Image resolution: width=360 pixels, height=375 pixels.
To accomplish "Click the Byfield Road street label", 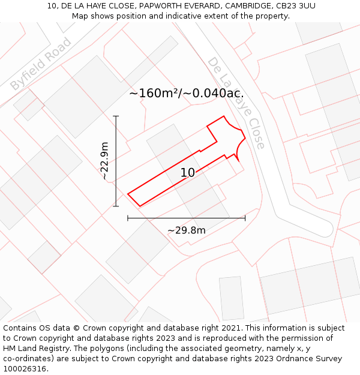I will (41, 64).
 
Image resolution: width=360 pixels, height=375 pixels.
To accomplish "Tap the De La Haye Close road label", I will (236, 103).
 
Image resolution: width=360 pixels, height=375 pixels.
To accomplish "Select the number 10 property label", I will (187, 173).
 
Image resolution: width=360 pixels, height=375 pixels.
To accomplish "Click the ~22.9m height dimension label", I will (104, 161).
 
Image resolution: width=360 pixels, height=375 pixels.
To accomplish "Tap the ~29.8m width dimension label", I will (186, 230).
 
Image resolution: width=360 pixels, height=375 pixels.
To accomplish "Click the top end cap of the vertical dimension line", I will (116, 116).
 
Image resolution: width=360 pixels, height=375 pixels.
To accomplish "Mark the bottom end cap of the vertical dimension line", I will (116, 206).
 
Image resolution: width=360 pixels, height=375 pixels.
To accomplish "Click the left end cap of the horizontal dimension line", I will (128, 218).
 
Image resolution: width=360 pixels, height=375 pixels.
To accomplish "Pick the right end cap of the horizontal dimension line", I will (245, 218).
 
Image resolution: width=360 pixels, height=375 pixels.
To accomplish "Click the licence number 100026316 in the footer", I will (26, 369).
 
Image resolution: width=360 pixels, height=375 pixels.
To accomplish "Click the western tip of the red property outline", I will (128, 194).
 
